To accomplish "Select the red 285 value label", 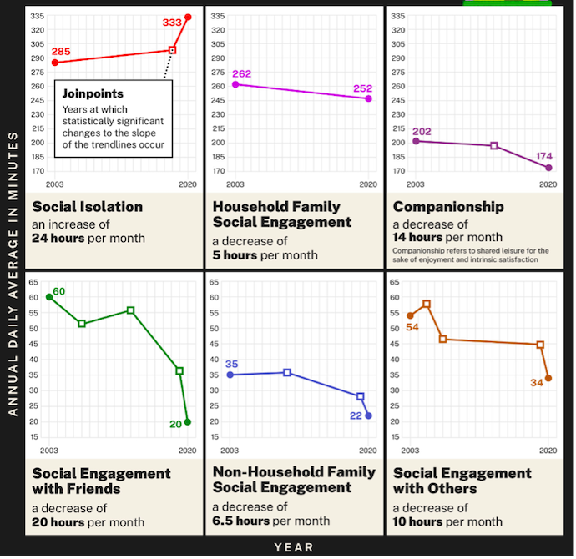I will click(61, 52).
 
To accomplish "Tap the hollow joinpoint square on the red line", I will click(173, 50).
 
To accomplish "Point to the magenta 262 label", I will click(241, 73).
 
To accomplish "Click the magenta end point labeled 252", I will click(368, 98).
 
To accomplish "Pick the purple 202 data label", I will click(422, 130).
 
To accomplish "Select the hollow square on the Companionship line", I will click(494, 146).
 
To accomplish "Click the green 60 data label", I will click(59, 291).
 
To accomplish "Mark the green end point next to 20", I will click(188, 422).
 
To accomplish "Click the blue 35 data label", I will click(232, 364).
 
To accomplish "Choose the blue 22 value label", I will click(356, 415).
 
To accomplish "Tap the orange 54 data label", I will click(412, 327).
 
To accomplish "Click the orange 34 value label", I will click(536, 382).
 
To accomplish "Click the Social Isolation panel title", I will click(88, 207).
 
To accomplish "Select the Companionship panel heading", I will click(448, 207).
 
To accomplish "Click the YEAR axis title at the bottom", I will click(294, 547).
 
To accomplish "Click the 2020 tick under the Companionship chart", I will click(548, 184).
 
